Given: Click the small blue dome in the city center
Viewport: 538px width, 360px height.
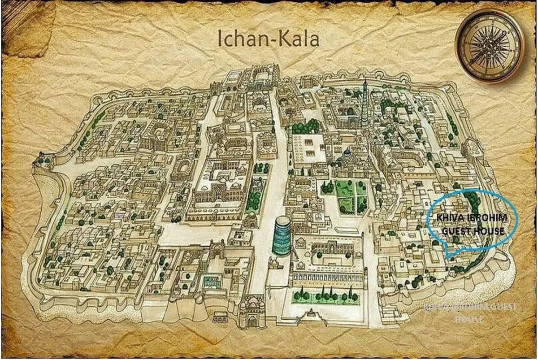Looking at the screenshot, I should point(347,153).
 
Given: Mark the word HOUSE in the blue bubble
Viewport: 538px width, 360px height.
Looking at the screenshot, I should point(490,231).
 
